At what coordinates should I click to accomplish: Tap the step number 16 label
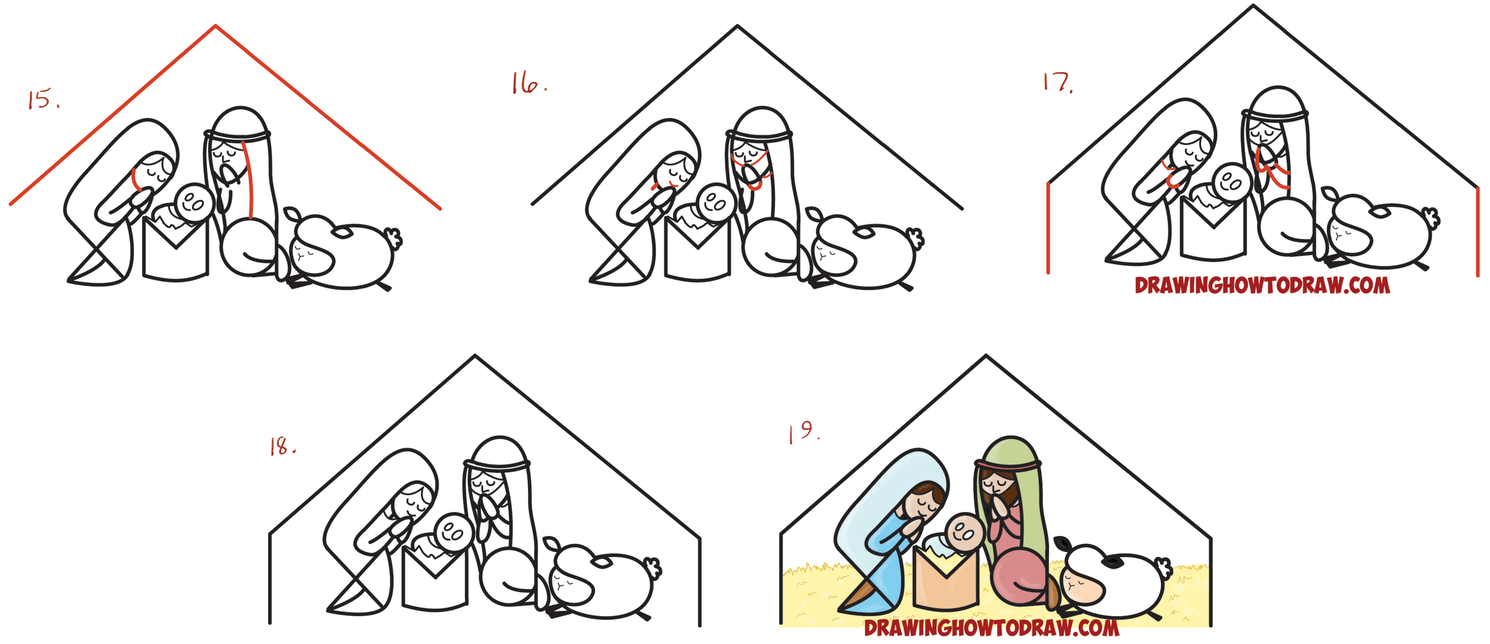tap(528, 83)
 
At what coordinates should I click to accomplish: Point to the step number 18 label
tap(282, 446)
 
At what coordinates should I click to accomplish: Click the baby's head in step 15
tap(194, 203)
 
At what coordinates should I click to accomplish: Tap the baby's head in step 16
tap(715, 203)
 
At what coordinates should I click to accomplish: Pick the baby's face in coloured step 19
tap(964, 532)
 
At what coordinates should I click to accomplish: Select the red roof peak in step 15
tap(216, 27)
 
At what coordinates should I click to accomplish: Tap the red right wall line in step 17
tap(1477, 233)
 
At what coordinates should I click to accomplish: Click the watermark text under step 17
tap(1262, 286)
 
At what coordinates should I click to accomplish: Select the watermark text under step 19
tap(992, 627)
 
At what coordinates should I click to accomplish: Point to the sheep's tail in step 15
tap(394, 238)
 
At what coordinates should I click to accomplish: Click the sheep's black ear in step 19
tap(1112, 561)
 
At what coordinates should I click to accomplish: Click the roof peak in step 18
tap(475, 357)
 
